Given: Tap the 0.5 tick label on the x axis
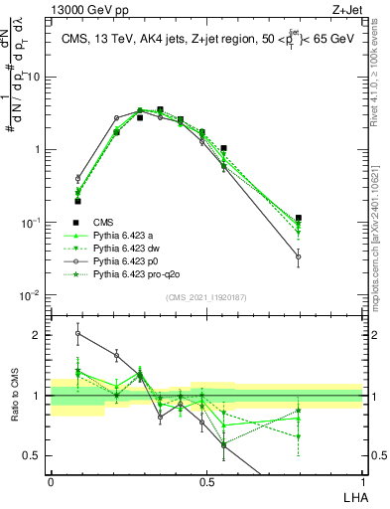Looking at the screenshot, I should tap(206, 480).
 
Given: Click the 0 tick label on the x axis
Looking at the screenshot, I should tap(51, 480).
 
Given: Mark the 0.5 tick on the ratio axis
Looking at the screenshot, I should tap(37, 456).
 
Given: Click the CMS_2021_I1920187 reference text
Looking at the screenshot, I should tap(205, 296).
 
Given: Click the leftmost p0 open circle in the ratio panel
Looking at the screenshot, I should tap(78, 334).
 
